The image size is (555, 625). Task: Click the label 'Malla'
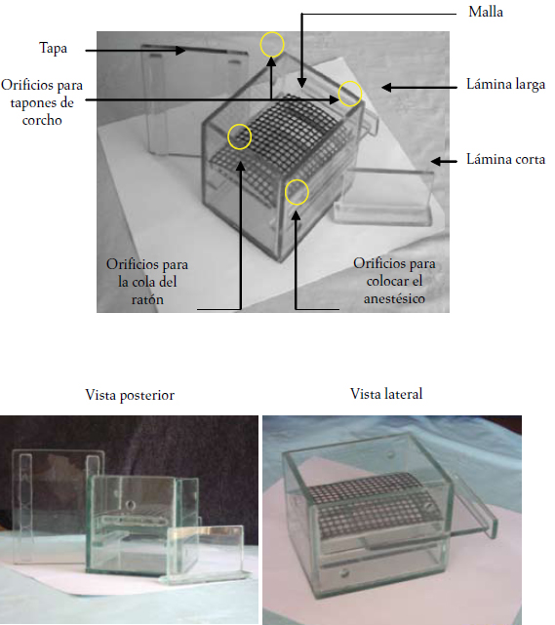pyautogui.click(x=486, y=12)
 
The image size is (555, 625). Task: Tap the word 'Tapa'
pyautogui.click(x=53, y=48)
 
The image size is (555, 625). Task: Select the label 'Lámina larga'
pyautogui.click(x=505, y=85)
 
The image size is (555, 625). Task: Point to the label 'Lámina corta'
pyautogui.click(x=505, y=160)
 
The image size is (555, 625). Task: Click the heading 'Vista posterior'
pyautogui.click(x=130, y=395)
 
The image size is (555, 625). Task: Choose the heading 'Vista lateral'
pyautogui.click(x=386, y=394)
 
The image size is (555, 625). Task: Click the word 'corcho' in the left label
pyautogui.click(x=42, y=120)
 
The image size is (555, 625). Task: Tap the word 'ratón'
pyautogui.click(x=147, y=299)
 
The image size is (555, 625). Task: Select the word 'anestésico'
pyautogui.click(x=394, y=298)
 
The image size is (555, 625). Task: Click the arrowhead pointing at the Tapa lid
pyautogui.click(x=181, y=51)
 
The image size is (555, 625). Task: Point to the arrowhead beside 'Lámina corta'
pyautogui.click(x=436, y=162)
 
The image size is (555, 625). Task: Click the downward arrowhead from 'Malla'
pyautogui.click(x=301, y=83)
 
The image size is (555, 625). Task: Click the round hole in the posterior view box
pyautogui.click(x=130, y=506)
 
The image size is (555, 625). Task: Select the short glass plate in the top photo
pyautogui.click(x=383, y=196)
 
